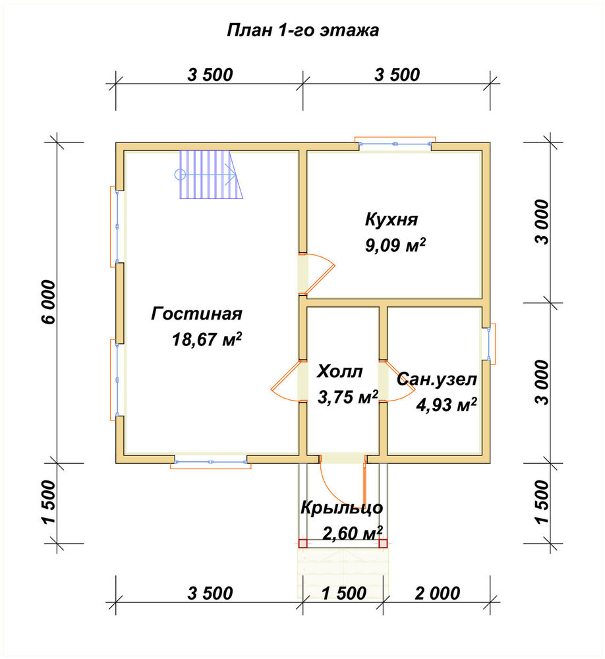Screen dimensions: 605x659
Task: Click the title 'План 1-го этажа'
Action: click(302, 31)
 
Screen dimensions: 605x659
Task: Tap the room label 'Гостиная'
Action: click(197, 314)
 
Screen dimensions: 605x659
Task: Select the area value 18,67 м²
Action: click(207, 339)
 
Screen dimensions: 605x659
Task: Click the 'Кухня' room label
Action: click(391, 220)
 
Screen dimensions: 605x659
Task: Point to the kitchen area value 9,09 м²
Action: click(395, 245)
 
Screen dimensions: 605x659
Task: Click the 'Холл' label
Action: click(339, 372)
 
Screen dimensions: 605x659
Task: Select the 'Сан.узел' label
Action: click(437, 380)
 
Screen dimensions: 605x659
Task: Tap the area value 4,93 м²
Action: click(446, 405)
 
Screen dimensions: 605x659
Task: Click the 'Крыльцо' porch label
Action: click(342, 508)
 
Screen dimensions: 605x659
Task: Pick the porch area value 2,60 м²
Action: click(353, 533)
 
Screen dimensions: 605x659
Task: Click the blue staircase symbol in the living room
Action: click(212, 175)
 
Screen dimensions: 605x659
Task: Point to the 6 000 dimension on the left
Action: click(49, 302)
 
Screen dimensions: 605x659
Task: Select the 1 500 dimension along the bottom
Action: click(344, 594)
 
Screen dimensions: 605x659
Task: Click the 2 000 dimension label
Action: click(437, 594)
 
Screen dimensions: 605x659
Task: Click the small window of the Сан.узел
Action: click(488, 344)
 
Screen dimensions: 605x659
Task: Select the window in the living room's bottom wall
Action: click(211, 462)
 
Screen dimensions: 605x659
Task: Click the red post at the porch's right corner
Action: click(383, 544)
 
